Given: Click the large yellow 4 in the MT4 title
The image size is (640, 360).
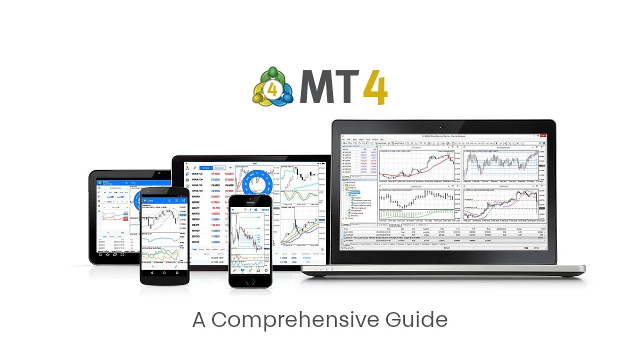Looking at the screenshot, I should [375, 87].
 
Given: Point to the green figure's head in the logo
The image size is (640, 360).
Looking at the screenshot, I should [273, 73].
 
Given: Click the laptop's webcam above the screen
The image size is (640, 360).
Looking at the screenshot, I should [443, 127].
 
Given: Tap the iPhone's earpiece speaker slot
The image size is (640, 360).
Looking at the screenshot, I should [250, 202].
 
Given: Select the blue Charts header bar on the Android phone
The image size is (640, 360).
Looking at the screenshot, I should [164, 200].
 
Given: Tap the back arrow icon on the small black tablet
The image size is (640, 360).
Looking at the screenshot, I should [100, 255].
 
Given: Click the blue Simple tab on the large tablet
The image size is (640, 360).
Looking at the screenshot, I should [205, 168].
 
